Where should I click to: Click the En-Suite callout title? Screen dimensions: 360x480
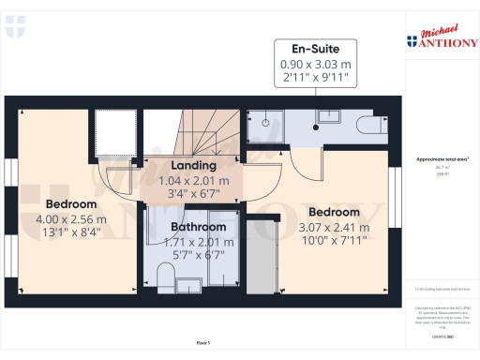pos(317,49)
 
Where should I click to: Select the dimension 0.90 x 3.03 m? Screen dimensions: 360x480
pos(317,64)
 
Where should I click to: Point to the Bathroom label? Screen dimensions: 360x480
pos(198,227)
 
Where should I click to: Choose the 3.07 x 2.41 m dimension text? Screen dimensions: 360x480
pos(333,227)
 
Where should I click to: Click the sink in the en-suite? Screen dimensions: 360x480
pos(329,116)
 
